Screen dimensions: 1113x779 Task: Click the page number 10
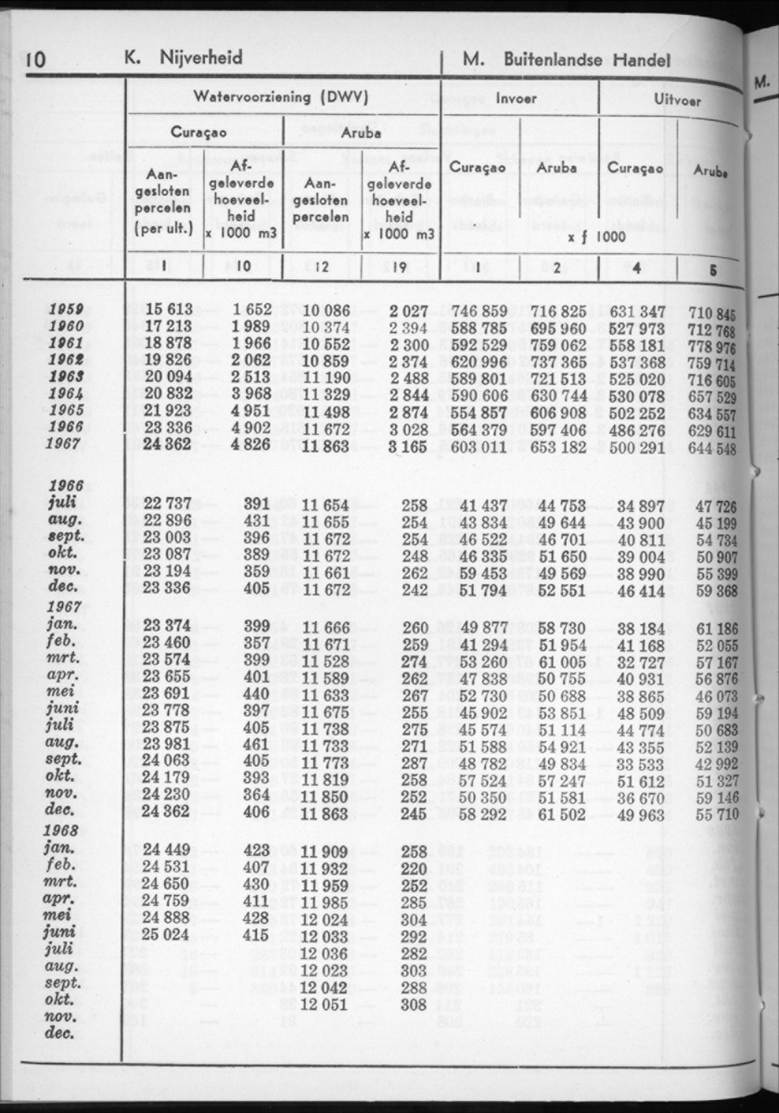(35, 59)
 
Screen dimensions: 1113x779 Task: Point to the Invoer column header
(516, 96)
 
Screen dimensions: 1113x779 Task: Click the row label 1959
(66, 310)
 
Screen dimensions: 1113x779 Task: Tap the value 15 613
(167, 310)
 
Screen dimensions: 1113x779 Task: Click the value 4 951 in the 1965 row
(251, 410)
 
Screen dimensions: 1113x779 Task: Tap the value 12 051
(324, 1004)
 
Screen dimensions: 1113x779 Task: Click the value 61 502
(563, 813)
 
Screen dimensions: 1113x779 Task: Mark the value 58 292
(484, 813)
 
